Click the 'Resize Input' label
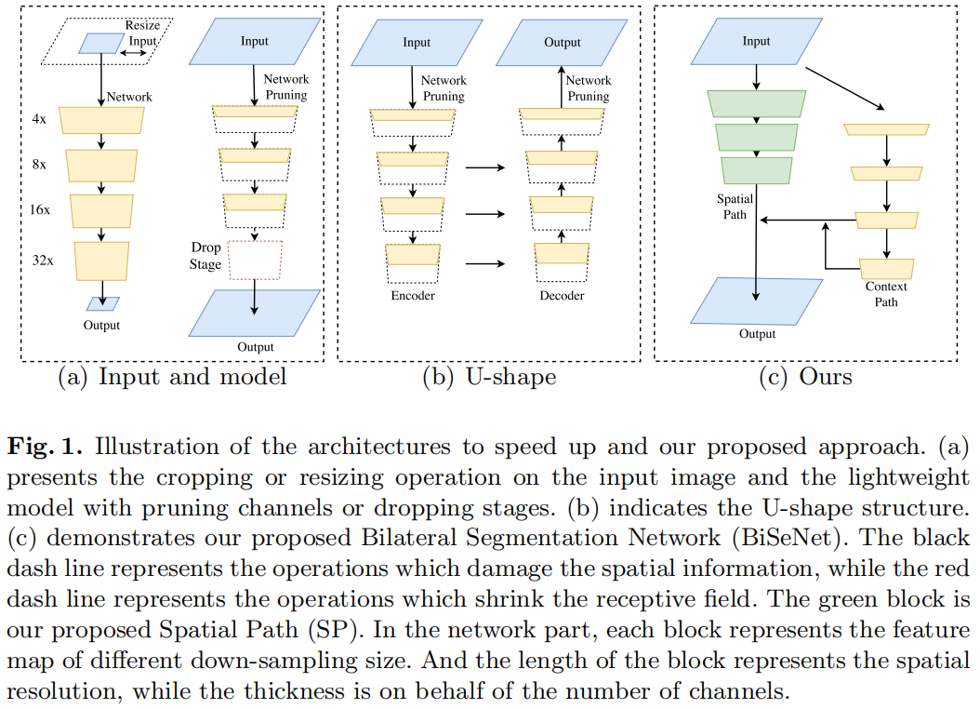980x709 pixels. tap(142, 33)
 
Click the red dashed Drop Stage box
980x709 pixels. tap(254, 260)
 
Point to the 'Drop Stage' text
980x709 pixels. tap(205, 256)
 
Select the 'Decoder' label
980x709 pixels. tap(562, 295)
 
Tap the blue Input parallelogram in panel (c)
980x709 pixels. tap(756, 42)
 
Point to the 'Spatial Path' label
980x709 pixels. tap(735, 207)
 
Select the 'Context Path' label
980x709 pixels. tap(886, 294)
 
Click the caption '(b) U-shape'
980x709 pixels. tap(488, 377)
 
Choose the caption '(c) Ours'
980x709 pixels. tap(806, 377)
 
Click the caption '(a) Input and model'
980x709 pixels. tap(172, 377)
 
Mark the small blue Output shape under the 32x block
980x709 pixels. tap(101, 303)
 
